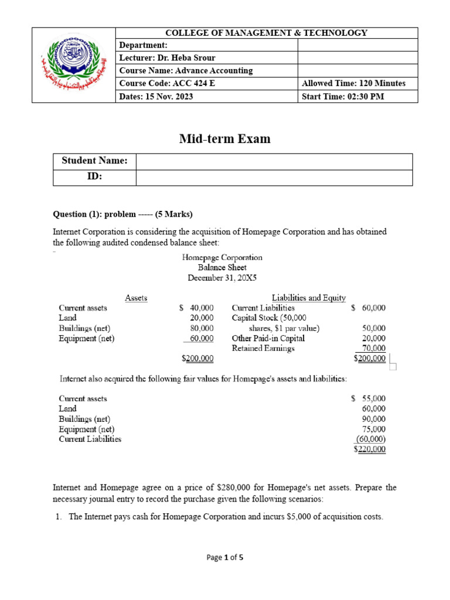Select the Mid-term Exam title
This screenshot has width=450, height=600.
point(225,139)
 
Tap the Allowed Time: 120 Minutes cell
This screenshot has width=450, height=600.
point(353,83)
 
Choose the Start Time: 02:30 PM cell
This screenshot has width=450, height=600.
point(343,96)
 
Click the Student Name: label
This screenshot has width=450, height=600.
point(94,161)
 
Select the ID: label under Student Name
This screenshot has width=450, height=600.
point(94,177)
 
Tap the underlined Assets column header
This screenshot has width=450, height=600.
point(136,298)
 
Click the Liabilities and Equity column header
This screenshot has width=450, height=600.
point(309,298)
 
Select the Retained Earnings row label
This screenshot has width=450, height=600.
point(263,348)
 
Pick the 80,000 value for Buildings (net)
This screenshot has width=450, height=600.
point(202,328)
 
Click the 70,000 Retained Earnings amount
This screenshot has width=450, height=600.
point(373,348)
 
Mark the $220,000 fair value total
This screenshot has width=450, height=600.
point(370,449)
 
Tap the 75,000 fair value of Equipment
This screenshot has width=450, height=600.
point(374,429)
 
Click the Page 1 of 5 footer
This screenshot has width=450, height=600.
point(225,558)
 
